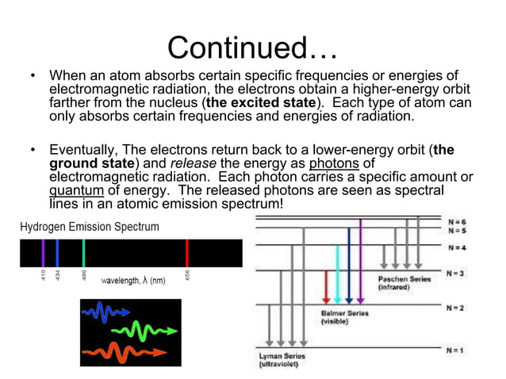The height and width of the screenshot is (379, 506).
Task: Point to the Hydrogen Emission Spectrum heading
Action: [89, 227]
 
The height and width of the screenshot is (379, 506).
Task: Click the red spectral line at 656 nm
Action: [187, 252]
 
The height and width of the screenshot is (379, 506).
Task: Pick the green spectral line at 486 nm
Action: [83, 252]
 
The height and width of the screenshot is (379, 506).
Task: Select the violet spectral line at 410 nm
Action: [44, 252]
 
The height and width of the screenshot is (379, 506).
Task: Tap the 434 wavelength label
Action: [58, 274]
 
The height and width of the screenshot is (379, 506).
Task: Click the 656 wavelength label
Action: [188, 274]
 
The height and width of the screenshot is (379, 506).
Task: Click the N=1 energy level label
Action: [455, 350]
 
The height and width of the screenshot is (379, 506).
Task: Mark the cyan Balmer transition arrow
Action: [338, 274]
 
